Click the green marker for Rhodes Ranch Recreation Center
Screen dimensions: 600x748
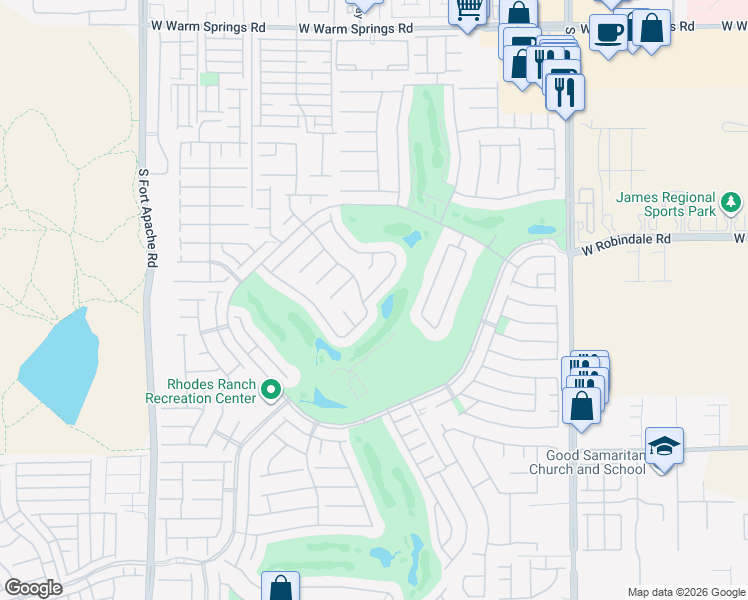270,390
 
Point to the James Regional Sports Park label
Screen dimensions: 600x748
666,204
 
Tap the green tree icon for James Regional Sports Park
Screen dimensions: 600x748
732,204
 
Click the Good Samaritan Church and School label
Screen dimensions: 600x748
589,462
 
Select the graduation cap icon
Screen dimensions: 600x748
664,444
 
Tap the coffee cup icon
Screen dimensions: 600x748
607,32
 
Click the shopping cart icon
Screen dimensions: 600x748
467,10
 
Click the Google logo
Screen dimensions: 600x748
33,588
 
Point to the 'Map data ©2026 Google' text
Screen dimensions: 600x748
685,592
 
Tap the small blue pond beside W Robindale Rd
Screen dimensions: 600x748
541,229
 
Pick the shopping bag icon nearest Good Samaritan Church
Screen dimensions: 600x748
582,406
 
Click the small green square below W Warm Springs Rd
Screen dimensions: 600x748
209,78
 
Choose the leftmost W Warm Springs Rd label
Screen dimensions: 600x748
208,28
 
